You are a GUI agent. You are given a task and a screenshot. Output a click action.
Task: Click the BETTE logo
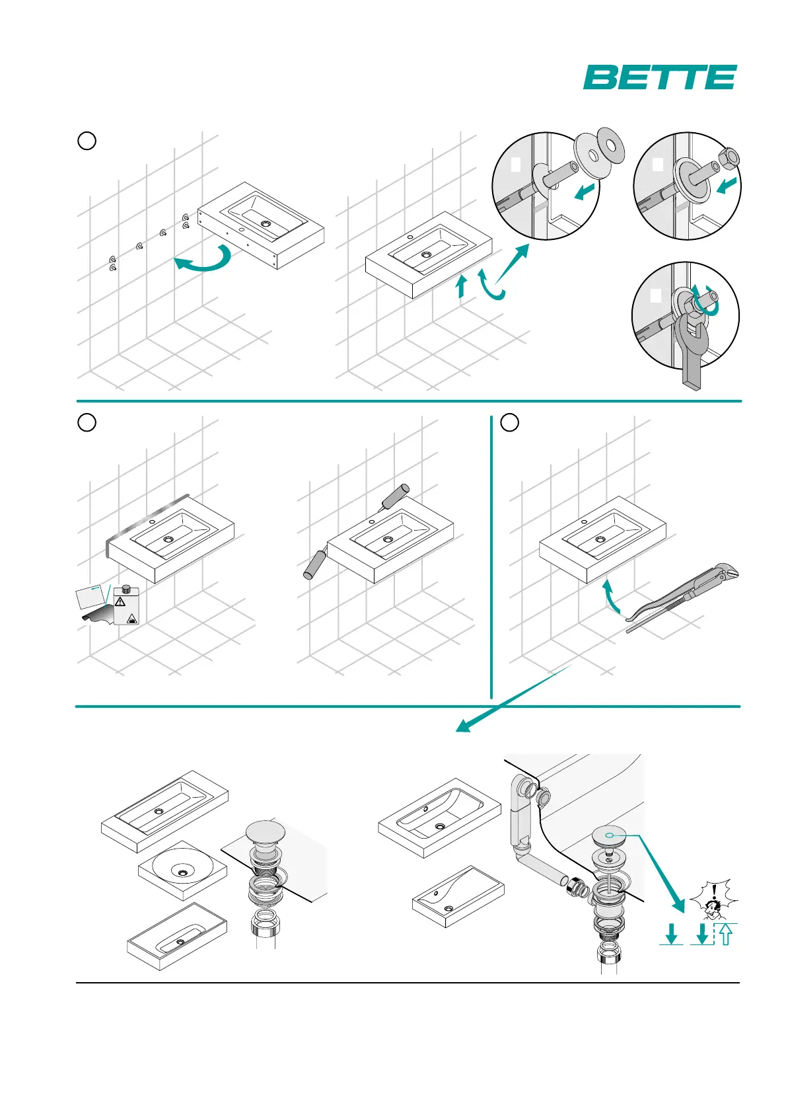[659, 77]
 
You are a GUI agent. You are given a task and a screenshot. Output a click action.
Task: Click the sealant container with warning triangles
[125, 605]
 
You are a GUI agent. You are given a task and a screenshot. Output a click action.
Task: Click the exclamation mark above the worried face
[714, 891]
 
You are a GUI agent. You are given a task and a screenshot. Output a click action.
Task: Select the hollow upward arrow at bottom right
[725, 933]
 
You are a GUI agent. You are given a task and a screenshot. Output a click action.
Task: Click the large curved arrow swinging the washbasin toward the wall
[205, 260]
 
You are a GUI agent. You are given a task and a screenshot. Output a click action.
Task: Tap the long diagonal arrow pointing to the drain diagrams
[512, 699]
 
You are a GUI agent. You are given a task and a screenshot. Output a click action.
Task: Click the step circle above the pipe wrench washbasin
[509, 422]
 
